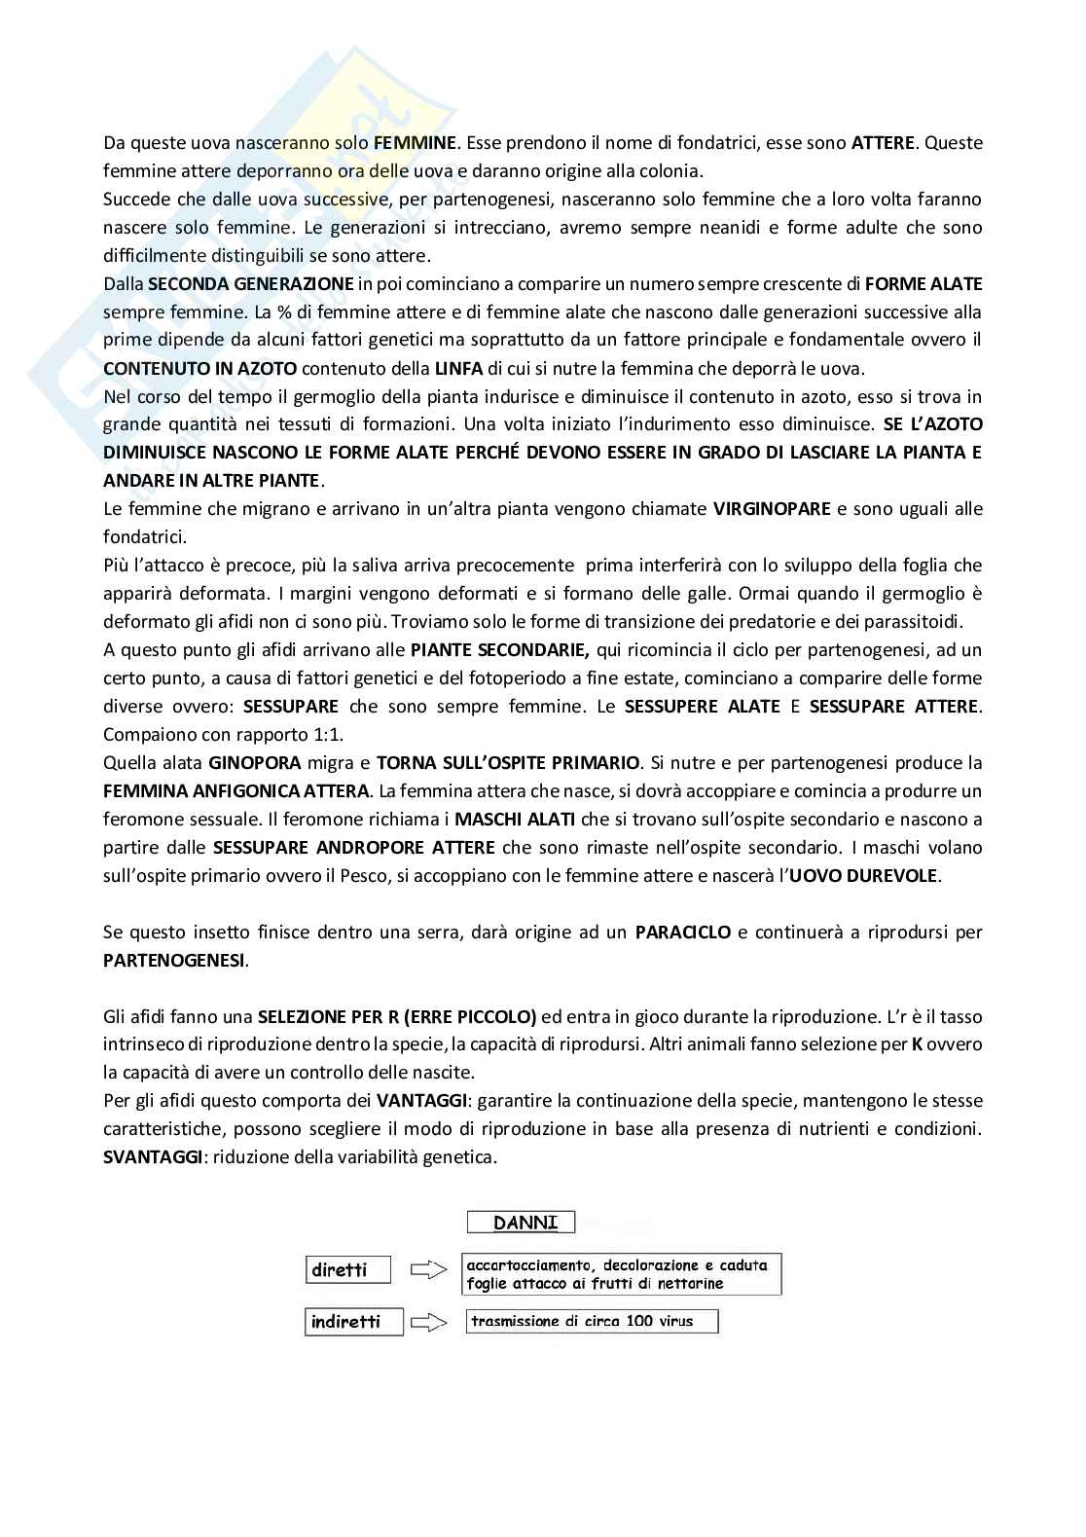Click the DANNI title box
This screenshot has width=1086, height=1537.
tap(521, 1222)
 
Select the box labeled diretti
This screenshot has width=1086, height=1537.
tap(348, 1269)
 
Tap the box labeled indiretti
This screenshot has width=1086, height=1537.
tap(353, 1321)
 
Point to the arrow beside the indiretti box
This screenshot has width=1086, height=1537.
tap(429, 1321)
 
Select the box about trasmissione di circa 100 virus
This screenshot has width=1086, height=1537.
tap(592, 1321)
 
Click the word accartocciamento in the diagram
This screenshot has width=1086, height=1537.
tap(529, 1265)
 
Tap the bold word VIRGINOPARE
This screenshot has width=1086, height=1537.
tap(772, 509)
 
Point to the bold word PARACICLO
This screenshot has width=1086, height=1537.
tap(682, 932)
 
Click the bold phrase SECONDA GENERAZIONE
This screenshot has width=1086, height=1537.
tap(251, 284)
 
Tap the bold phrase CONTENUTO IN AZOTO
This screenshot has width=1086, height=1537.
tap(200, 369)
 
